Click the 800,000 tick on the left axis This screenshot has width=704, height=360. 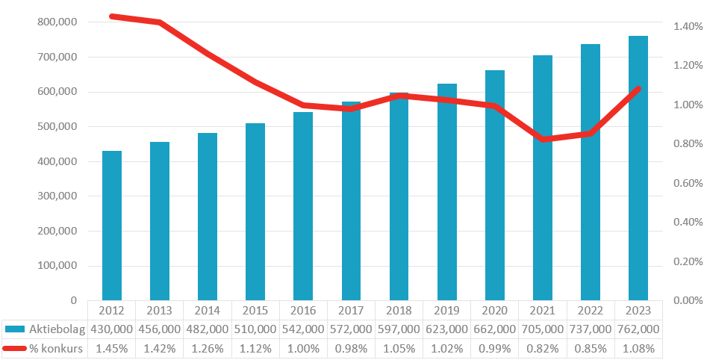click(57, 22)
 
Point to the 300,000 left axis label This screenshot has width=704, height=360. click(57, 196)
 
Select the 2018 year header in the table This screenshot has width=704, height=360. click(399, 310)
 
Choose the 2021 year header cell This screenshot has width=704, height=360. click(543, 310)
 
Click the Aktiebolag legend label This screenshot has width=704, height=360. click(57, 329)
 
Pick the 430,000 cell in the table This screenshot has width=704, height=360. click(112, 329)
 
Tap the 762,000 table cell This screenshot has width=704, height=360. click(638, 329)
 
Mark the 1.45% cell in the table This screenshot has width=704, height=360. click(112, 348)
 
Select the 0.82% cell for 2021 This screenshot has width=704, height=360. click(543, 348)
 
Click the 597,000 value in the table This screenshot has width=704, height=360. click(399, 329)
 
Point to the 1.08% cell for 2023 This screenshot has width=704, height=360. click(638, 348)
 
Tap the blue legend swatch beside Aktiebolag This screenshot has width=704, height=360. click(15, 329)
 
